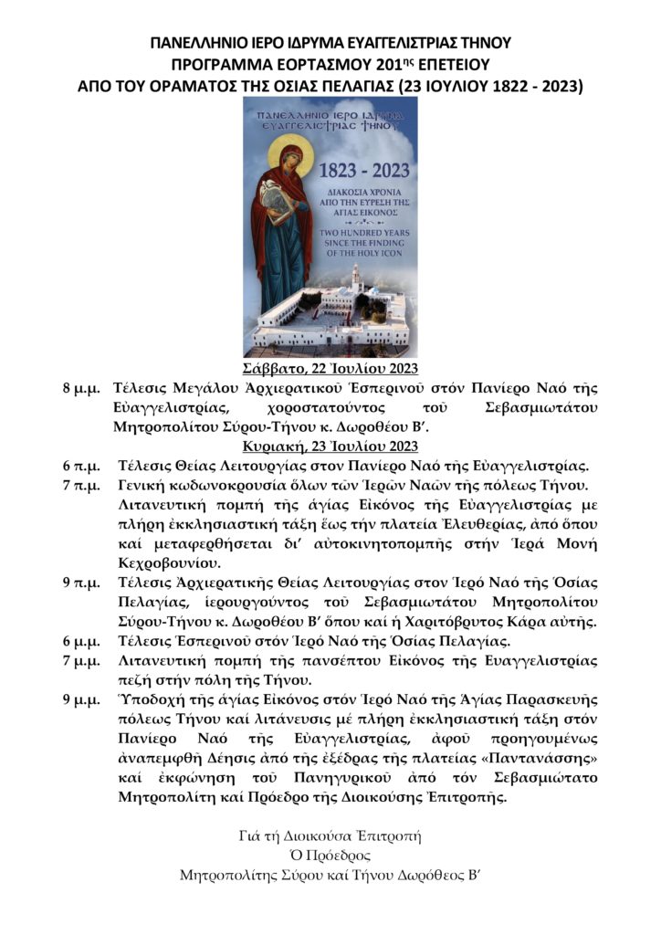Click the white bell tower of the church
[x=357, y=278]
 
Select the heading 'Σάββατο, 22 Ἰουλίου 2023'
[x=330, y=369]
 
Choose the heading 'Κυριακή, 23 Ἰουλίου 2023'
[x=330, y=446]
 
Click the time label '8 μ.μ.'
[x=80, y=388]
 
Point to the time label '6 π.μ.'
[x=80, y=466]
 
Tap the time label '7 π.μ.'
[x=80, y=485]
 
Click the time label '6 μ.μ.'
[x=80, y=640]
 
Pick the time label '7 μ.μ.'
[x=80, y=659]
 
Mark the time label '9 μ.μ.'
[x=80, y=699]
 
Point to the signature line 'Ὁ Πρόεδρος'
[x=330, y=856]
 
